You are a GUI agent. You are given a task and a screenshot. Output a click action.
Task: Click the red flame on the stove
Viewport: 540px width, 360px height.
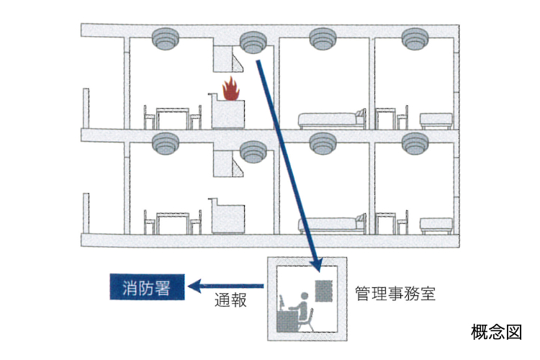230,89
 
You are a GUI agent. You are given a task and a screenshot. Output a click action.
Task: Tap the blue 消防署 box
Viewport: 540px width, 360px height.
147,287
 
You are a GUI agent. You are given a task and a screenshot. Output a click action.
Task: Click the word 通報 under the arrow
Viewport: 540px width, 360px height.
230,300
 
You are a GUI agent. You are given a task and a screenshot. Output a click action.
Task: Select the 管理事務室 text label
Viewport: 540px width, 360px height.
395,294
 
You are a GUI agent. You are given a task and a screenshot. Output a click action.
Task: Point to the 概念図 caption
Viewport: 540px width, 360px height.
496,332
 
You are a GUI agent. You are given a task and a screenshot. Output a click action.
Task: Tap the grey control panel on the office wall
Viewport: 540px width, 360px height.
323,291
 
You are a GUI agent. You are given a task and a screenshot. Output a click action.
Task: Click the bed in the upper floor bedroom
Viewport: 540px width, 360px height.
332,120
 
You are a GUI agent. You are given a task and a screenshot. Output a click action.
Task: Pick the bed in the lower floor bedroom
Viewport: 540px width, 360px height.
332,225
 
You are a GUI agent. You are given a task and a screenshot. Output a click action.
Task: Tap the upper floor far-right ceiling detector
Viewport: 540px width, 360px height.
415,39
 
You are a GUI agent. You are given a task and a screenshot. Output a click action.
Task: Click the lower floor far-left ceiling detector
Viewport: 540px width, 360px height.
166,144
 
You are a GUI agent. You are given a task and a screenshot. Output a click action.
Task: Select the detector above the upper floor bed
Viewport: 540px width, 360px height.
323,39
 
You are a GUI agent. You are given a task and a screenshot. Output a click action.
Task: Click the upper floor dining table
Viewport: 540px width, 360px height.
173,118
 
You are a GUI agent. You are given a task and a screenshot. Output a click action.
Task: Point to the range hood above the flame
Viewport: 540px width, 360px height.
229,59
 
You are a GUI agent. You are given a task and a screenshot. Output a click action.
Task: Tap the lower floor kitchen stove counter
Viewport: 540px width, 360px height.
228,216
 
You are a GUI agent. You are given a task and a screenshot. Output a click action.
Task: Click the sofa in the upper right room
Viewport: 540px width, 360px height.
436,120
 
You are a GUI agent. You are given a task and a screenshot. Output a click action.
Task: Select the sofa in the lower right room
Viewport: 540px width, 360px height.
436,225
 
